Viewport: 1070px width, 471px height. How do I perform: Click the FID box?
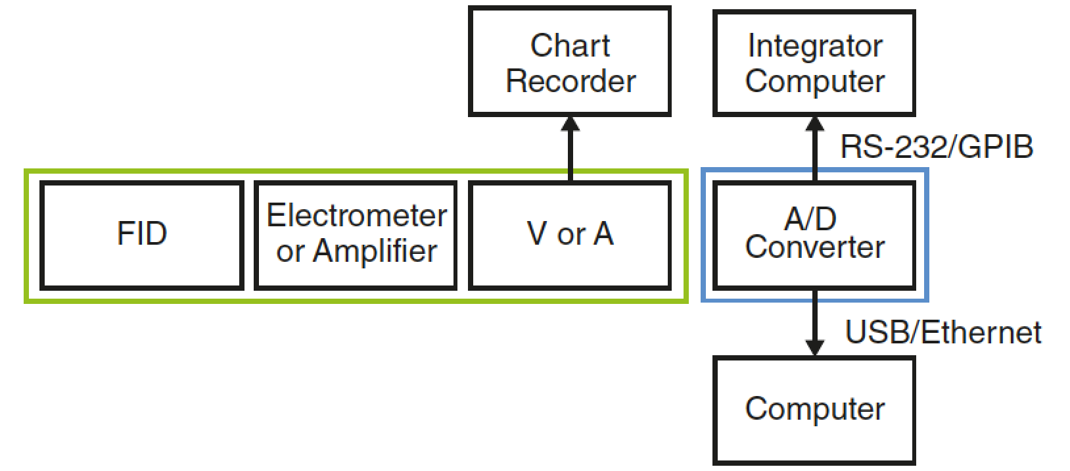(x=141, y=235)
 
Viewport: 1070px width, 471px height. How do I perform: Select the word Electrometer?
(x=356, y=216)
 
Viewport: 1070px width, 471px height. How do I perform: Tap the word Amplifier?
(x=375, y=251)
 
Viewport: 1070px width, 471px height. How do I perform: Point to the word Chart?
(x=570, y=45)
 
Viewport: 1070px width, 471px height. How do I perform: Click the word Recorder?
(x=570, y=81)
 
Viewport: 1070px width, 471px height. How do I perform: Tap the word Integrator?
(x=814, y=45)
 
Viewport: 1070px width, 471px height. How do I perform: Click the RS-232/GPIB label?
(x=936, y=147)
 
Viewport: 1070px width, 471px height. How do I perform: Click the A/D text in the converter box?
(x=810, y=218)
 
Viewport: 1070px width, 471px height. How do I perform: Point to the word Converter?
(x=814, y=247)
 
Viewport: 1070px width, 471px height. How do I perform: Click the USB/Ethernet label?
(x=942, y=332)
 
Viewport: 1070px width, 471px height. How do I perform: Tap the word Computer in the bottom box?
(x=814, y=409)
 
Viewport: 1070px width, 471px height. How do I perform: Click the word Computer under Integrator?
(x=814, y=81)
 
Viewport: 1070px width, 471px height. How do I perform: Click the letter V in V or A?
(x=537, y=234)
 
